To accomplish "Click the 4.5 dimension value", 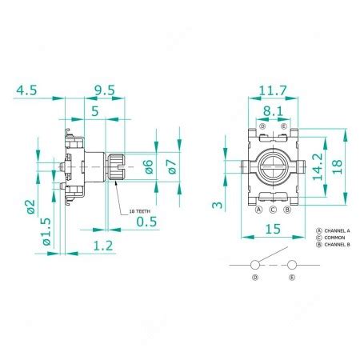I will pyautogui.click(x=26, y=90).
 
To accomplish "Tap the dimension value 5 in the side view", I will pyautogui.click(x=95, y=113).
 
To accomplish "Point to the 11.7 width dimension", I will pyautogui.click(x=273, y=90).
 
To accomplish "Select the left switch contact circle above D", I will pyautogui.click(x=255, y=265).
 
